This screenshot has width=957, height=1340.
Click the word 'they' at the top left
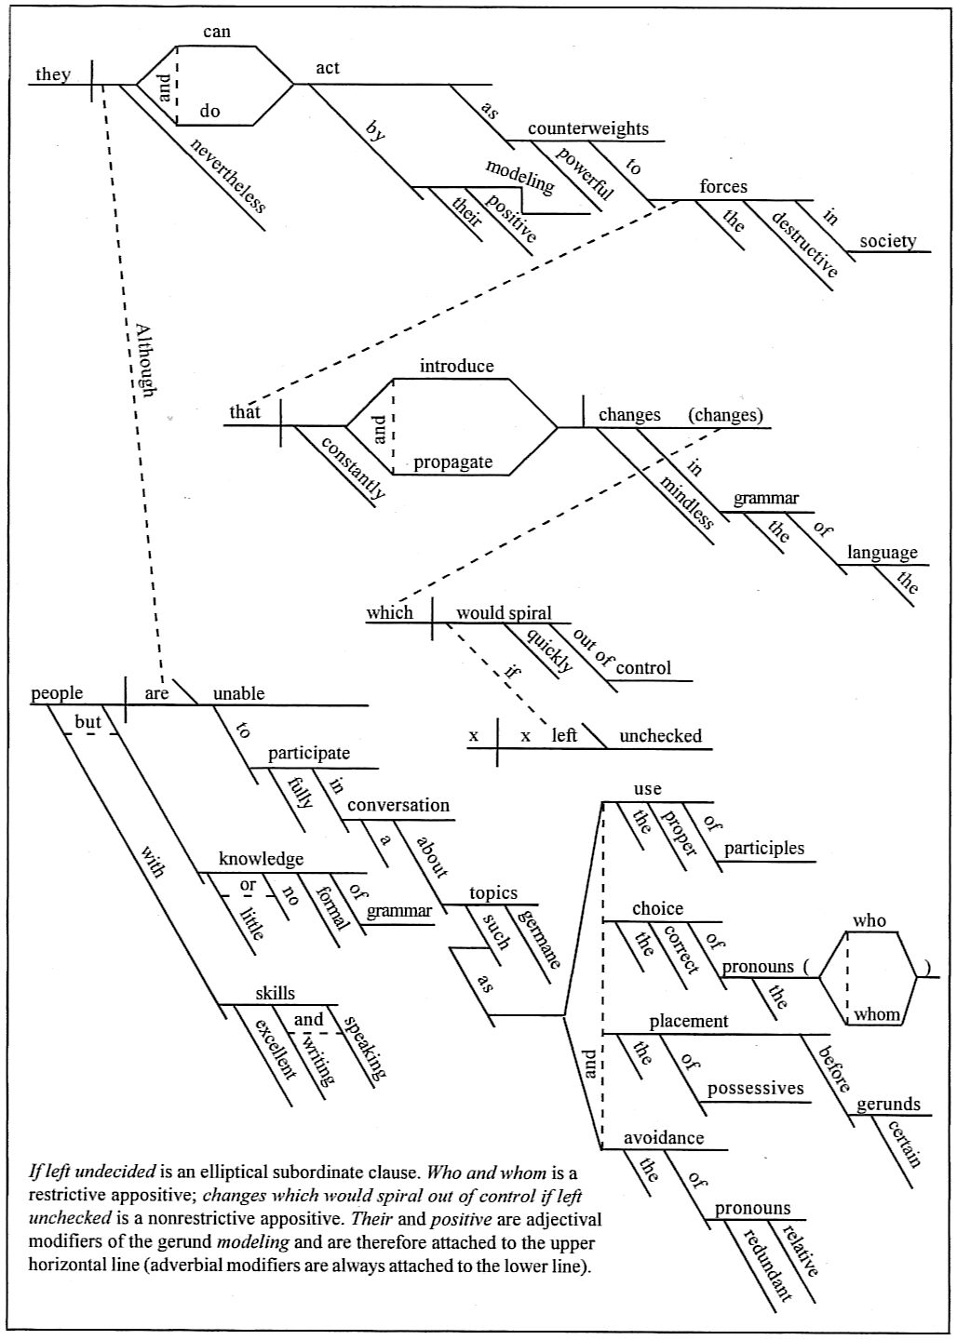(x=52, y=74)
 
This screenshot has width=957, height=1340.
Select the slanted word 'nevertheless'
(x=228, y=175)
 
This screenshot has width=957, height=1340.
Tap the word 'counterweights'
(x=588, y=129)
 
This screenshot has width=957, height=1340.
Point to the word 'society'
(x=887, y=241)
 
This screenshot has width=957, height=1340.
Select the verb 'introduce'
(x=456, y=366)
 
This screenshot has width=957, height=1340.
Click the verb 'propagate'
(x=453, y=462)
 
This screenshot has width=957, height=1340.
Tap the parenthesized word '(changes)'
(x=725, y=415)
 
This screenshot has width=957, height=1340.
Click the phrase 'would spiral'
(x=504, y=613)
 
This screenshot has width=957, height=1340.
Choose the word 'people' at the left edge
(x=57, y=693)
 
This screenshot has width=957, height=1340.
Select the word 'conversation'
(x=398, y=805)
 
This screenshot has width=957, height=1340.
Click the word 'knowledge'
(x=261, y=859)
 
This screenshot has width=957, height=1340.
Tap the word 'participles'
(x=764, y=848)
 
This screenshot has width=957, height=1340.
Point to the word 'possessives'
(x=755, y=1089)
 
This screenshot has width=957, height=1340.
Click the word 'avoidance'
(x=664, y=1138)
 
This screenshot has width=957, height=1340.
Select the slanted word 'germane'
(x=539, y=938)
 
